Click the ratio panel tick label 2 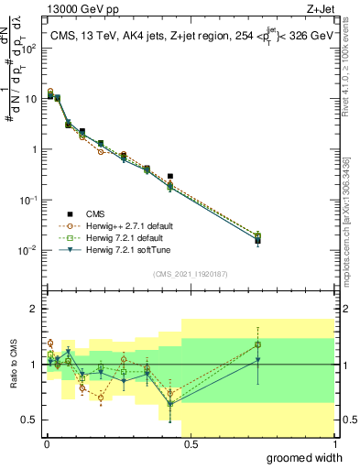[x=35, y=309]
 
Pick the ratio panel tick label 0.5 [x=29, y=420]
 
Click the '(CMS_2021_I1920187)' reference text [x=190, y=273]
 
